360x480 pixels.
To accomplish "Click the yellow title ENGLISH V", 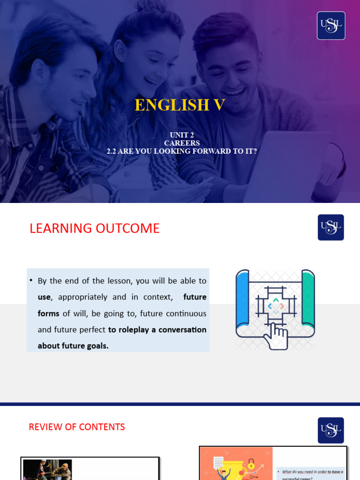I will [x=180, y=105].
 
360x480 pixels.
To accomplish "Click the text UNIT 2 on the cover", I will [x=182, y=135].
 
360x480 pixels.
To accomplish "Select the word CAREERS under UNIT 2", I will [x=182, y=143].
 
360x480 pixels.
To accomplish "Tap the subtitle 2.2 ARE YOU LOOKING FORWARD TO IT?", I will [x=182, y=151].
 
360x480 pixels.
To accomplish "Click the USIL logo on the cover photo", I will [x=331, y=26].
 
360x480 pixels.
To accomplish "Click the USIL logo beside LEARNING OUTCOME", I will [x=331, y=227].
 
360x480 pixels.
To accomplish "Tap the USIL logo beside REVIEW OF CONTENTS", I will [x=331, y=430].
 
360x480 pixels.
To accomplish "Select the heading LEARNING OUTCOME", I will [x=94, y=228].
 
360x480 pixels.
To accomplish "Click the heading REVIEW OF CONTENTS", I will [x=77, y=427].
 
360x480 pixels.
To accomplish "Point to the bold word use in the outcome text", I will [x=44, y=297].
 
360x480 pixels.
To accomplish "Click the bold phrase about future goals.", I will [x=73, y=346].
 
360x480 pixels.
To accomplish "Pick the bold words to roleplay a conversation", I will [x=157, y=330].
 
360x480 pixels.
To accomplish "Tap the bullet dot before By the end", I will [x=31, y=280].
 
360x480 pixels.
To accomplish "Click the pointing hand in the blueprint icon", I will [x=276, y=336].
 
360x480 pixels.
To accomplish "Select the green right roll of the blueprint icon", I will [x=308, y=300].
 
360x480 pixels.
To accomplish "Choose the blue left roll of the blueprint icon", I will [x=242, y=300].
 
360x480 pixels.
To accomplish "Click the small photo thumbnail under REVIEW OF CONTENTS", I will [x=47, y=469].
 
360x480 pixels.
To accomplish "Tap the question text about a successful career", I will [x=310, y=473].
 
